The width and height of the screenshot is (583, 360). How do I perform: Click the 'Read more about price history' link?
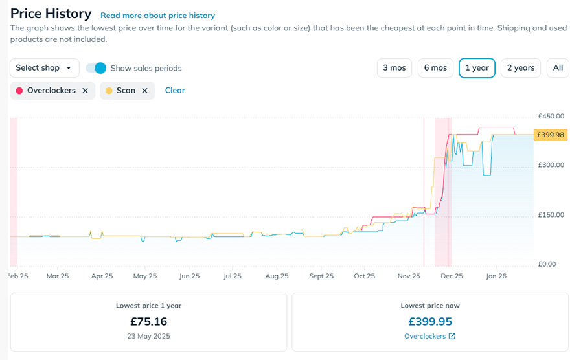(x=157, y=16)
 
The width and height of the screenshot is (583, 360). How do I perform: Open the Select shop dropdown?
(x=44, y=68)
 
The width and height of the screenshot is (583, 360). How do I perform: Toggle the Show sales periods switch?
(x=96, y=68)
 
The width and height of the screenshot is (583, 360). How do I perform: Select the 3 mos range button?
(x=394, y=68)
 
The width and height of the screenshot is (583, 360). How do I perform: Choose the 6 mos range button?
(x=435, y=68)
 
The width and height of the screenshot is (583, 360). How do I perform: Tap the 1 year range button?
(x=477, y=68)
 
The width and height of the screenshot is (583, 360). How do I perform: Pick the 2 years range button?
(x=521, y=68)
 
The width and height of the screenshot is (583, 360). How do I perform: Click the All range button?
(x=558, y=68)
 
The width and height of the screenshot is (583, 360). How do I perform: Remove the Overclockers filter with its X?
(x=85, y=91)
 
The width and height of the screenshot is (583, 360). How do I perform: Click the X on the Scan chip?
(x=144, y=91)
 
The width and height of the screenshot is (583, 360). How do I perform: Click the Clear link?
(x=175, y=91)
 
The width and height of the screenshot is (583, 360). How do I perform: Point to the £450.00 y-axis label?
(x=551, y=117)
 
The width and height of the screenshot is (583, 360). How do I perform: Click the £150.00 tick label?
(x=551, y=215)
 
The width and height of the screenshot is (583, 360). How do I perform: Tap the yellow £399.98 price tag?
(x=551, y=135)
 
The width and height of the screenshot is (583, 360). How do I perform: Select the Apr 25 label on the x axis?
(x=102, y=276)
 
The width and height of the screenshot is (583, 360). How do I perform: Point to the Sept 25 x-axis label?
(x=321, y=276)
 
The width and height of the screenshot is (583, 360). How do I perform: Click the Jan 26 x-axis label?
(x=496, y=276)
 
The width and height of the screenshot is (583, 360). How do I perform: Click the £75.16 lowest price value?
(x=148, y=322)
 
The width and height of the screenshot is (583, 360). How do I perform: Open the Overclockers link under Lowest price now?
(x=429, y=337)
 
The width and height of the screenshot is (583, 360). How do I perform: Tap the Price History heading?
(x=51, y=14)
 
